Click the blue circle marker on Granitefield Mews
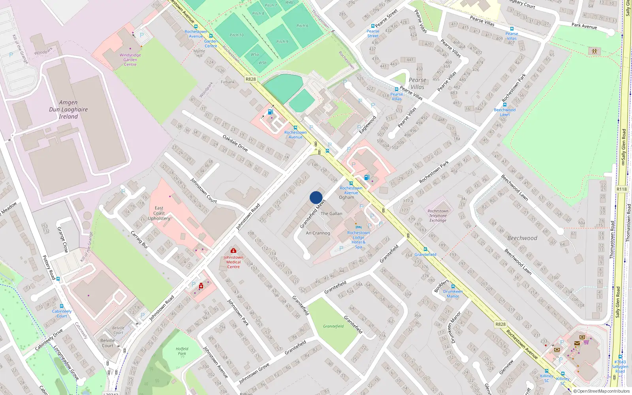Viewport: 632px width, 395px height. click(316, 197)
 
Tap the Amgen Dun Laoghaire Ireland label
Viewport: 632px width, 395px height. click(68, 109)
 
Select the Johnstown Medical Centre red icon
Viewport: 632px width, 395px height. click(233, 250)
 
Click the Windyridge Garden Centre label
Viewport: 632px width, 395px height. click(130, 60)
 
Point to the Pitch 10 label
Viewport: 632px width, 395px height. click(237, 35)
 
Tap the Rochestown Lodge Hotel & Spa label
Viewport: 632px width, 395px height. click(358, 240)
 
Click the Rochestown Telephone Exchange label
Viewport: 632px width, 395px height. click(438, 216)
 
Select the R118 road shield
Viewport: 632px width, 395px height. click(621, 189)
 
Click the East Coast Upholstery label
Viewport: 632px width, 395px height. click(159, 213)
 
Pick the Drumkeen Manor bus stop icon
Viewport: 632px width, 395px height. click(453, 286)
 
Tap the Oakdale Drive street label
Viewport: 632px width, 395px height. click(235, 143)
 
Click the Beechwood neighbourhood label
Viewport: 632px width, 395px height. click(522, 238)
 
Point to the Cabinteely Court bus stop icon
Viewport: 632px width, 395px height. click(62, 306)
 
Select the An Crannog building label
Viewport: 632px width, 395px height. click(318, 233)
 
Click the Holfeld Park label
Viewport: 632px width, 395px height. click(182, 351)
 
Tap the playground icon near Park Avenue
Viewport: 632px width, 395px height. click(594, 51)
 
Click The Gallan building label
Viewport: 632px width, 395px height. click(331, 213)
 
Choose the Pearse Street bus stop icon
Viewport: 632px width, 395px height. click(372, 26)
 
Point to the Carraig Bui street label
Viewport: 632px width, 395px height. click(139, 239)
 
